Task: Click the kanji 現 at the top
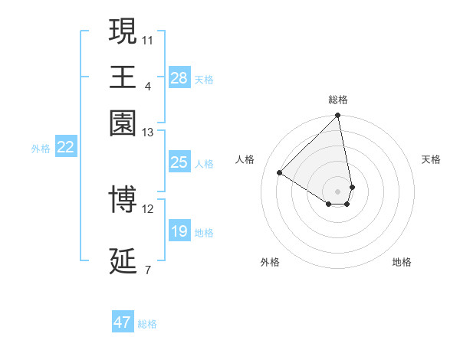click(x=123, y=31)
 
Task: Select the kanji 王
click(x=123, y=77)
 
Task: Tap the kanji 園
click(x=123, y=123)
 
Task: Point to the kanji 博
click(x=123, y=199)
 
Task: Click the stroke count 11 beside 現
click(x=148, y=39)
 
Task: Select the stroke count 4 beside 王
click(x=148, y=85)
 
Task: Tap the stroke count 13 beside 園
click(x=148, y=133)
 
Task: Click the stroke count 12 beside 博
click(x=148, y=208)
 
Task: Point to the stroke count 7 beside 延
click(x=148, y=270)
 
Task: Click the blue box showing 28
click(x=179, y=78)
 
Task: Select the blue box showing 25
click(x=179, y=162)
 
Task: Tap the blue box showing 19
click(x=179, y=231)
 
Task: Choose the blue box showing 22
click(x=65, y=148)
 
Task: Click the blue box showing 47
click(x=123, y=322)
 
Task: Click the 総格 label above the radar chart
click(x=338, y=100)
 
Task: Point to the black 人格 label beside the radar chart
click(x=245, y=159)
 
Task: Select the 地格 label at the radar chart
click(x=402, y=262)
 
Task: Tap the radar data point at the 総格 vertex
click(x=338, y=116)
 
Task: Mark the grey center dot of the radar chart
click(x=338, y=191)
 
